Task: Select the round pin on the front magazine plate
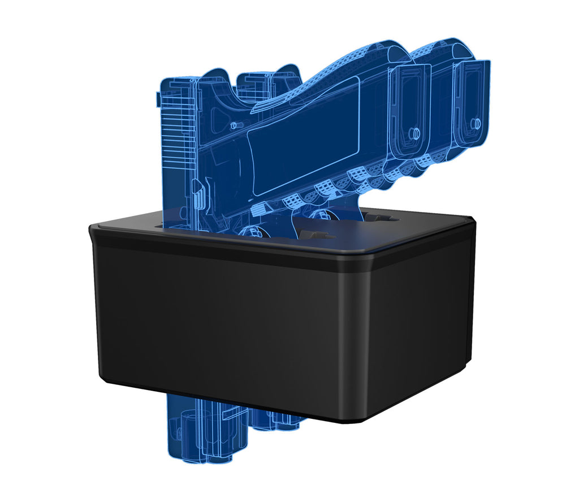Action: (x=413, y=133)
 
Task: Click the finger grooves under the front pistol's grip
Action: (x=328, y=189)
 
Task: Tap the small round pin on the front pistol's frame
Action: (x=233, y=124)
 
